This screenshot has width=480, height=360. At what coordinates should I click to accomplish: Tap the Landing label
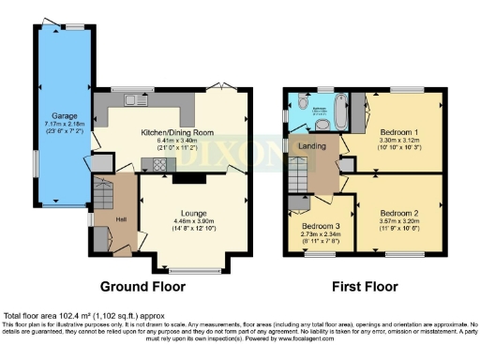point(311,146)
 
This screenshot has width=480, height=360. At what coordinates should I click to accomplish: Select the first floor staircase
point(298,172)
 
